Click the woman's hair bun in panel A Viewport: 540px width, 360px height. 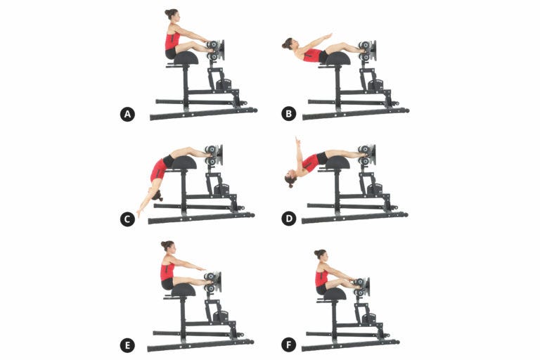coord(167,12)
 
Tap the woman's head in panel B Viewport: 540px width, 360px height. coord(288,44)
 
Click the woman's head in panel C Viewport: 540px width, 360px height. coord(156,192)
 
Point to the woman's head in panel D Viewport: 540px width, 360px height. coord(290,179)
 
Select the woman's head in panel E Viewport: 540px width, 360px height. coord(167,246)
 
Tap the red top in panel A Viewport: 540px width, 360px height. coord(172,39)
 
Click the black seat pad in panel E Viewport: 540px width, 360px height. coord(182,289)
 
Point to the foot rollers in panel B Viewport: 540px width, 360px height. coord(364,51)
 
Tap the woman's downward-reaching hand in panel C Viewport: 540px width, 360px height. coord(139,213)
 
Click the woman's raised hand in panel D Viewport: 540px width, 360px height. coord(297,141)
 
